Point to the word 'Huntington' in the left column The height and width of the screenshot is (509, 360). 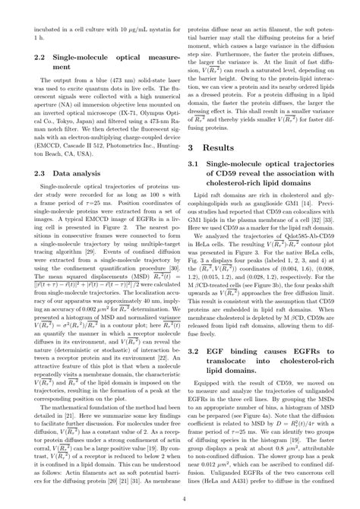[152, 150]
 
